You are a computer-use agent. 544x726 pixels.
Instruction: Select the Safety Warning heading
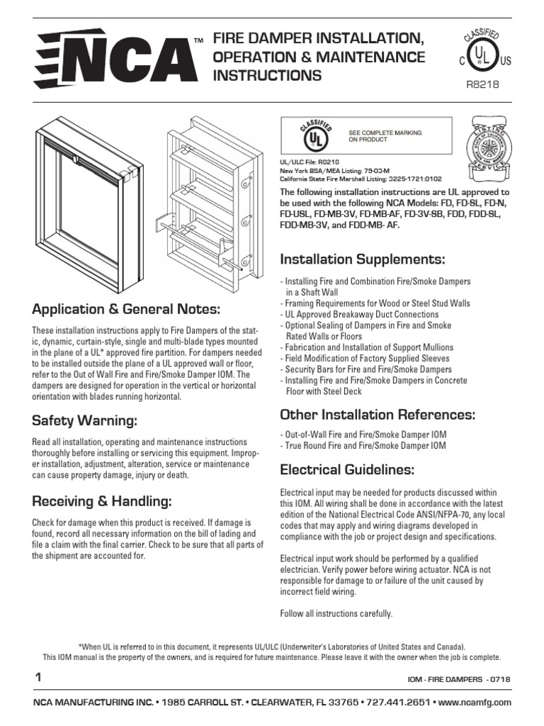click(84, 421)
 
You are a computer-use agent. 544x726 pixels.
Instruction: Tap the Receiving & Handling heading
click(102, 502)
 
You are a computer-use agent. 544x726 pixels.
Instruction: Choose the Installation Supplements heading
click(363, 257)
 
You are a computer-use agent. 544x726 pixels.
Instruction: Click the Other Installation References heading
click(378, 414)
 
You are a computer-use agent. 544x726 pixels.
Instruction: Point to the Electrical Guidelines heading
click(347, 469)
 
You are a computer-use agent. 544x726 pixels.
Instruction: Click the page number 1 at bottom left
click(37, 678)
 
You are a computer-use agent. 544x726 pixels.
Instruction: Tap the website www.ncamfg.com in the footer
click(475, 702)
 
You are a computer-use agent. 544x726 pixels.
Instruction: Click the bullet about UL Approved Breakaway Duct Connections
click(360, 314)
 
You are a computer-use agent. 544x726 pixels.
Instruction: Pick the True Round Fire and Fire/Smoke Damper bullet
click(363, 445)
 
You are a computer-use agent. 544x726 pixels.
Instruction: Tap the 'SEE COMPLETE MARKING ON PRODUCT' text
click(385, 136)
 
